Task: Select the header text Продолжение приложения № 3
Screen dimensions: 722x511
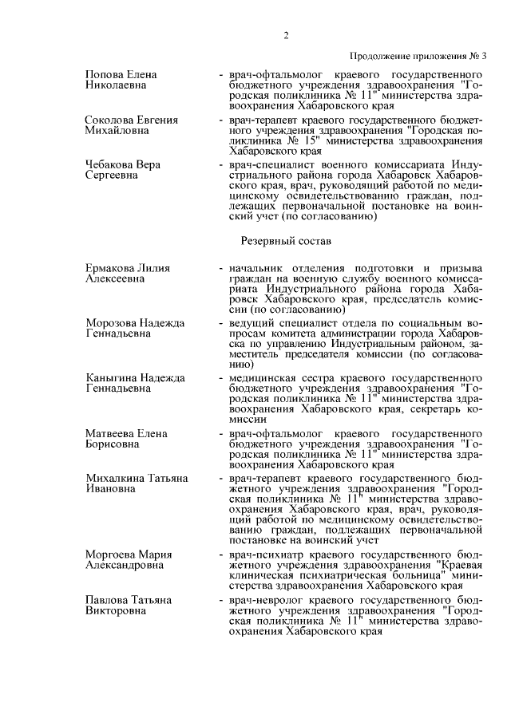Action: [418, 55]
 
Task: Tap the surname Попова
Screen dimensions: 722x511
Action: [104, 74]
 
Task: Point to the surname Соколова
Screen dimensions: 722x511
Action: [109, 120]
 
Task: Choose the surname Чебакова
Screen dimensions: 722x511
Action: [109, 164]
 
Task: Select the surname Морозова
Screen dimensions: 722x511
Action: [110, 322]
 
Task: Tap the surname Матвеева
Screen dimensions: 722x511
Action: [109, 432]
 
